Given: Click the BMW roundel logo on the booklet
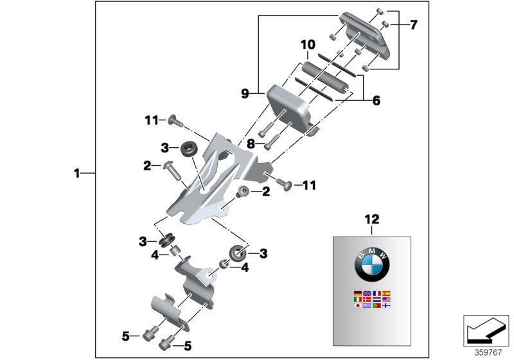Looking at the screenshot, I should [x=372, y=264].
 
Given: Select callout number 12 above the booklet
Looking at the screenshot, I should [x=372, y=220].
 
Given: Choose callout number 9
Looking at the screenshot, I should [x=244, y=94].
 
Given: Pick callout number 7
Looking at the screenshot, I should [x=413, y=25].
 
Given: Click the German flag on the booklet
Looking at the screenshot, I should [x=357, y=293].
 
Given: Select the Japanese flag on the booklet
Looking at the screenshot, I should [x=357, y=306].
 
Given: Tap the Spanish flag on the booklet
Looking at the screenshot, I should [x=387, y=293].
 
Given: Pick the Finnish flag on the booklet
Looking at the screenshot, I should [x=387, y=306].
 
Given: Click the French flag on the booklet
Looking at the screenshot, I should [x=377, y=293].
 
